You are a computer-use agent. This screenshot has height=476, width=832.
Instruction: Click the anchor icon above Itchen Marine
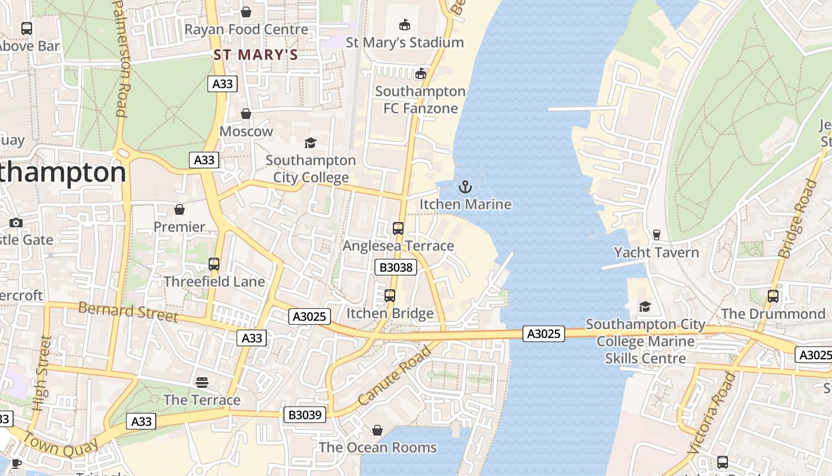465,187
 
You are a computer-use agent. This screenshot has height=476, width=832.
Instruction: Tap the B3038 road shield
396,267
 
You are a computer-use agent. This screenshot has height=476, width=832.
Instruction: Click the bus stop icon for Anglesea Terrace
398,228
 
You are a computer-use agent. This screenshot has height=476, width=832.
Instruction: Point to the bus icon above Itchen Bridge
390,296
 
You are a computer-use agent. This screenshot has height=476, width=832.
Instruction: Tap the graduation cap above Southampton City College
310,143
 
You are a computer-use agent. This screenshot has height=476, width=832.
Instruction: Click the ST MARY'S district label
256,55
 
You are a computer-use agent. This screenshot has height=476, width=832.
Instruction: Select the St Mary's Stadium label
405,42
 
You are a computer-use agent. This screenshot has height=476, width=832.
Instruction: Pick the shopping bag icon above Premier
179,209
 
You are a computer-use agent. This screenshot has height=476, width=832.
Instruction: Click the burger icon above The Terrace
202,382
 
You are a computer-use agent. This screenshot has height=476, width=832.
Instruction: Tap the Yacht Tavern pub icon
656,234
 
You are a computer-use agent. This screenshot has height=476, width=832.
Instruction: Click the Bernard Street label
128,311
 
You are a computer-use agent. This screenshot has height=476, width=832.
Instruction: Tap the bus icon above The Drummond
773,296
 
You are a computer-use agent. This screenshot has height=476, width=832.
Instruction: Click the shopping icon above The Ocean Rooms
377,430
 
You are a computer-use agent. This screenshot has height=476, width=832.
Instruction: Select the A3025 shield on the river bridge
544,334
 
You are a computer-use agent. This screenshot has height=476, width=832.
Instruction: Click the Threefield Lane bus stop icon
214,264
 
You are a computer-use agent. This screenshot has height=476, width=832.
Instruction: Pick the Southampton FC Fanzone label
420,99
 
